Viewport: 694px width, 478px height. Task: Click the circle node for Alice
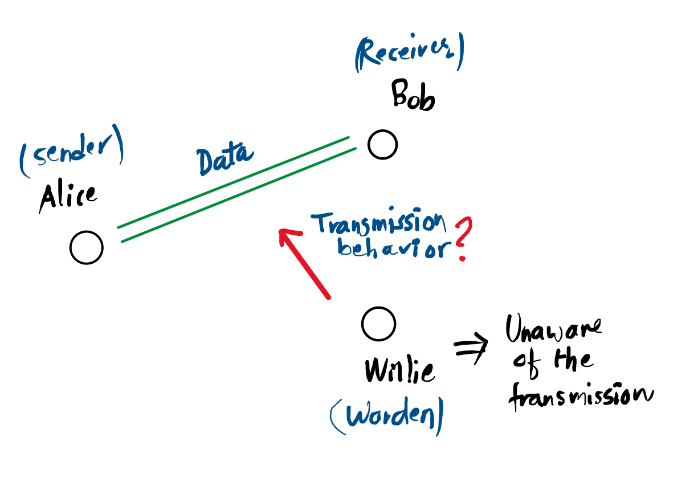[87, 247]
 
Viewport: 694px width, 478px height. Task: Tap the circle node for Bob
[382, 144]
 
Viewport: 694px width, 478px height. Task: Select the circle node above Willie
[378, 323]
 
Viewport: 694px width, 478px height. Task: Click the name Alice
[68, 197]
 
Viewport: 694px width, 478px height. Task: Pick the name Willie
[399, 370]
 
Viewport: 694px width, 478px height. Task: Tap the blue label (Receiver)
[409, 55]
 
